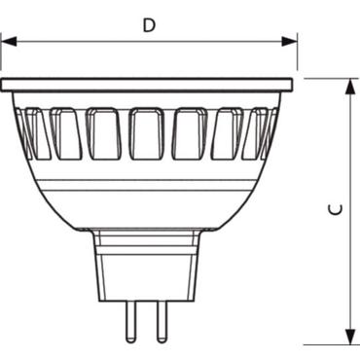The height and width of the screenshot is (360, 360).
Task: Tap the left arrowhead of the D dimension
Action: (x=8, y=41)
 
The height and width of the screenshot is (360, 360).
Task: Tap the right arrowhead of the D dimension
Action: (x=291, y=41)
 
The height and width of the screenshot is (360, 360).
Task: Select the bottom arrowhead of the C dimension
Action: (x=348, y=337)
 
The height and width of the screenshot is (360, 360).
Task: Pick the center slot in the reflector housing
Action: (x=149, y=133)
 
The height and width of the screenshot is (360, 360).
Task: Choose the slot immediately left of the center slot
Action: (x=105, y=133)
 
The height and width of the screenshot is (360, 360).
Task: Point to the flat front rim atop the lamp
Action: (x=149, y=86)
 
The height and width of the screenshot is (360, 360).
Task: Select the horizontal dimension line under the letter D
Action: (x=78, y=41)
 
